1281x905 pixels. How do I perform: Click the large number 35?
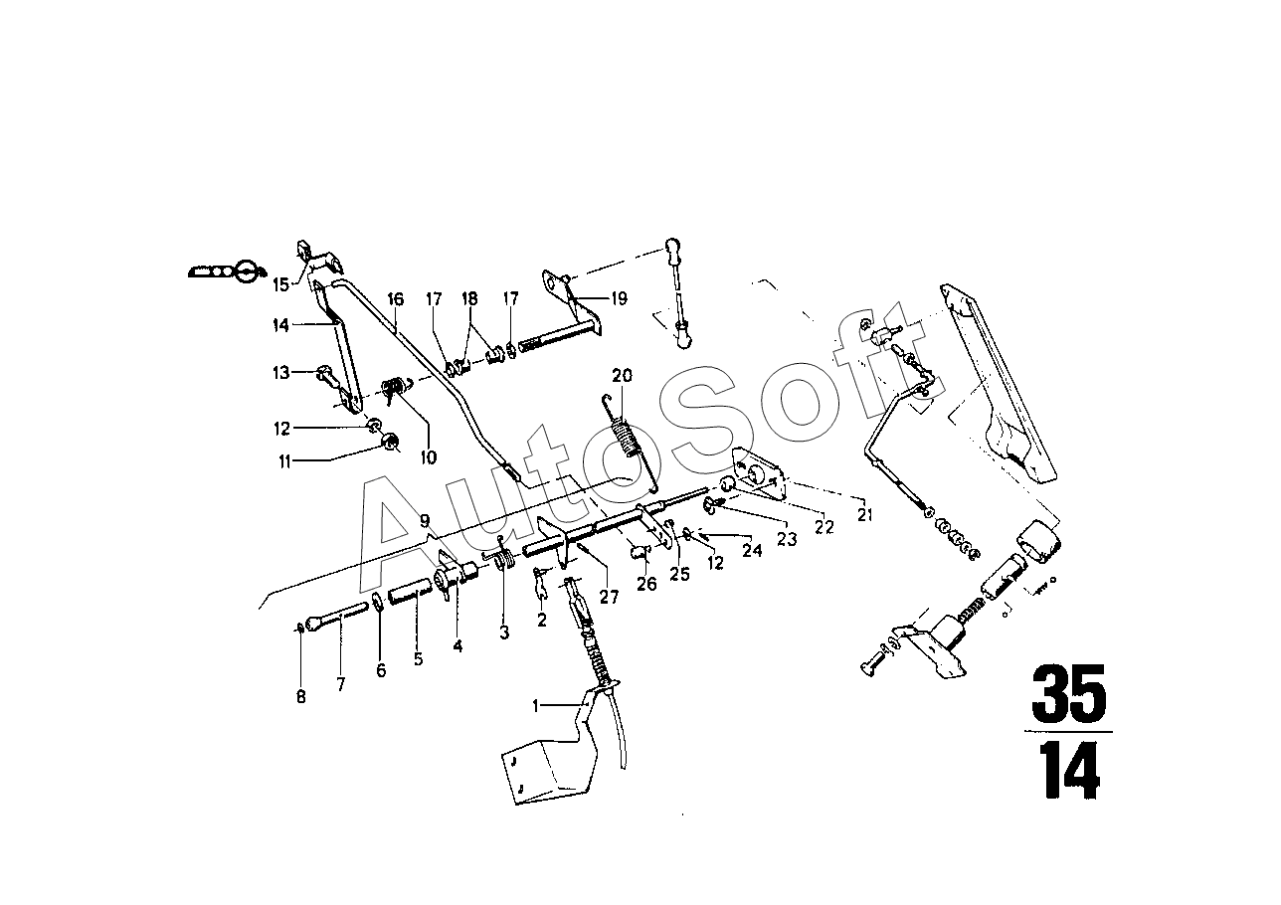pyautogui.click(x=1069, y=694)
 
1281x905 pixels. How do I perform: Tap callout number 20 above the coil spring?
pyautogui.click(x=623, y=376)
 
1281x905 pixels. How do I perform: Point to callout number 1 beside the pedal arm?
pyautogui.click(x=535, y=707)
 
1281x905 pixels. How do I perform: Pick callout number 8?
pyautogui.click(x=301, y=697)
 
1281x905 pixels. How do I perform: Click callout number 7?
pyautogui.click(x=341, y=684)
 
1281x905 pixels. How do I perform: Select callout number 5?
pyautogui.click(x=419, y=659)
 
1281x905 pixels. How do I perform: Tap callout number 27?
pyautogui.click(x=609, y=597)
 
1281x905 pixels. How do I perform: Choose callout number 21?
pyautogui.click(x=864, y=515)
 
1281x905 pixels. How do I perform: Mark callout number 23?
pyautogui.click(x=787, y=539)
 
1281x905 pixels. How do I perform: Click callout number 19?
pyautogui.click(x=619, y=298)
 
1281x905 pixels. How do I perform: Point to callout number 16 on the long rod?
pyautogui.click(x=395, y=299)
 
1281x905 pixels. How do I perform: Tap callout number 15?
pyautogui.click(x=281, y=284)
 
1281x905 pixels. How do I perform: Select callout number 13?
pyautogui.click(x=281, y=373)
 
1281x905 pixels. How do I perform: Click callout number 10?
pyautogui.click(x=429, y=457)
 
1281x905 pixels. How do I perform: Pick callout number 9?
pyautogui.click(x=425, y=520)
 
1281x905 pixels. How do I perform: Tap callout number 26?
pyautogui.click(x=646, y=584)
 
